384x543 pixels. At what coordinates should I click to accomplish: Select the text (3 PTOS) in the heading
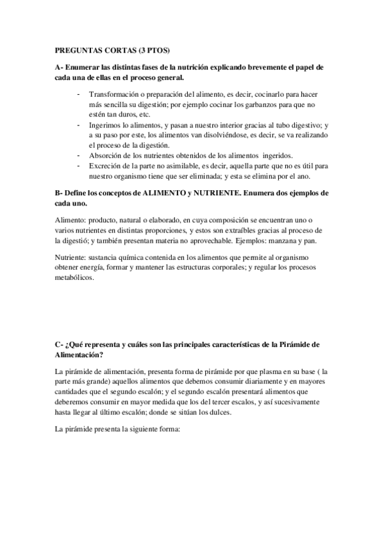point(156,49)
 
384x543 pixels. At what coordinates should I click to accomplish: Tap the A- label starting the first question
point(59,67)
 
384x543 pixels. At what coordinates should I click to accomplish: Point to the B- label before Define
point(59,193)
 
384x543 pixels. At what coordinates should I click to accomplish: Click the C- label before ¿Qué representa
point(59,344)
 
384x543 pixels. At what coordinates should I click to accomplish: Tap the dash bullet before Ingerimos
point(78,127)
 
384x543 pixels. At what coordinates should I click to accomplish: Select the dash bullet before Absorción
point(78,156)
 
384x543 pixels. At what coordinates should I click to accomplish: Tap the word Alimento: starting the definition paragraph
point(71,220)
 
